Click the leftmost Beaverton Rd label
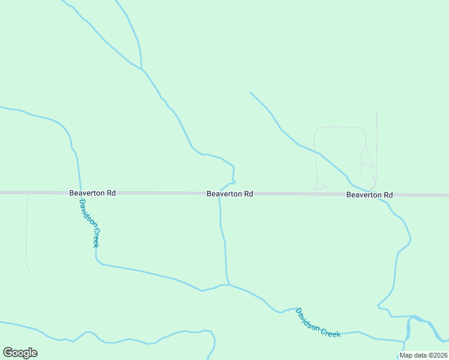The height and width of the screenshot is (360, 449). (x=92, y=193)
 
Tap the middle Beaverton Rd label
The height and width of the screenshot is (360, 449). (x=229, y=194)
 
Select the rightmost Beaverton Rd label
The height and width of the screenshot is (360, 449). (x=369, y=195)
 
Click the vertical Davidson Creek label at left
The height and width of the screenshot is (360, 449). (x=89, y=223)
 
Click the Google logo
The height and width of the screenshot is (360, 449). (x=20, y=352)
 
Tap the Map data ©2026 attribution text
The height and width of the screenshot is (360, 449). (x=423, y=355)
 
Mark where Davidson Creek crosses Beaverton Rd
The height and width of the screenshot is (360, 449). (x=80, y=193)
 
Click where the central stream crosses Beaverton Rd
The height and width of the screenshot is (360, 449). (x=220, y=193)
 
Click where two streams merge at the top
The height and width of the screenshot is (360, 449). (x=142, y=69)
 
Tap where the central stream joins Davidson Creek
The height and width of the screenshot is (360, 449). (x=229, y=284)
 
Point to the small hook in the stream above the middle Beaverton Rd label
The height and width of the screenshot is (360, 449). (x=233, y=181)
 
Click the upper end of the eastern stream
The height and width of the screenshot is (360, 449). (x=250, y=92)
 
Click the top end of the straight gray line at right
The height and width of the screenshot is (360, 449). (x=376, y=112)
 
